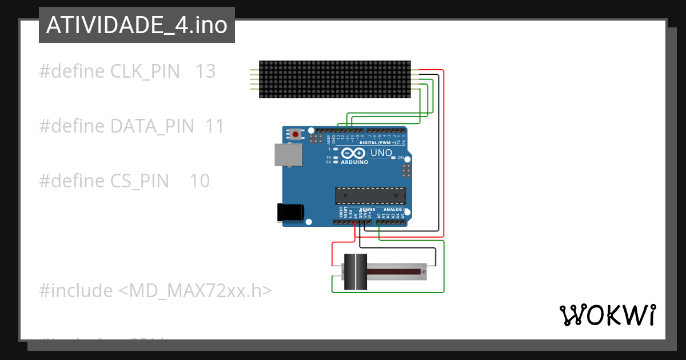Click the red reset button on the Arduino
(x=295, y=135)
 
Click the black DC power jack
(x=290, y=212)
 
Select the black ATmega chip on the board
(x=370, y=195)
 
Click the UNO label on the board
(x=381, y=153)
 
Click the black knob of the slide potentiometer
(x=355, y=271)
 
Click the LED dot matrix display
(x=335, y=79)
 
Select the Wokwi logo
(x=607, y=315)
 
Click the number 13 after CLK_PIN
(x=206, y=71)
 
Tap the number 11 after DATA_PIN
(x=214, y=126)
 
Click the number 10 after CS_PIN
(x=200, y=181)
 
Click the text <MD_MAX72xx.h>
(x=195, y=291)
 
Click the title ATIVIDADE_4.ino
(x=137, y=25)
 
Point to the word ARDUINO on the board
(x=354, y=162)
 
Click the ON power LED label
(x=401, y=158)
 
